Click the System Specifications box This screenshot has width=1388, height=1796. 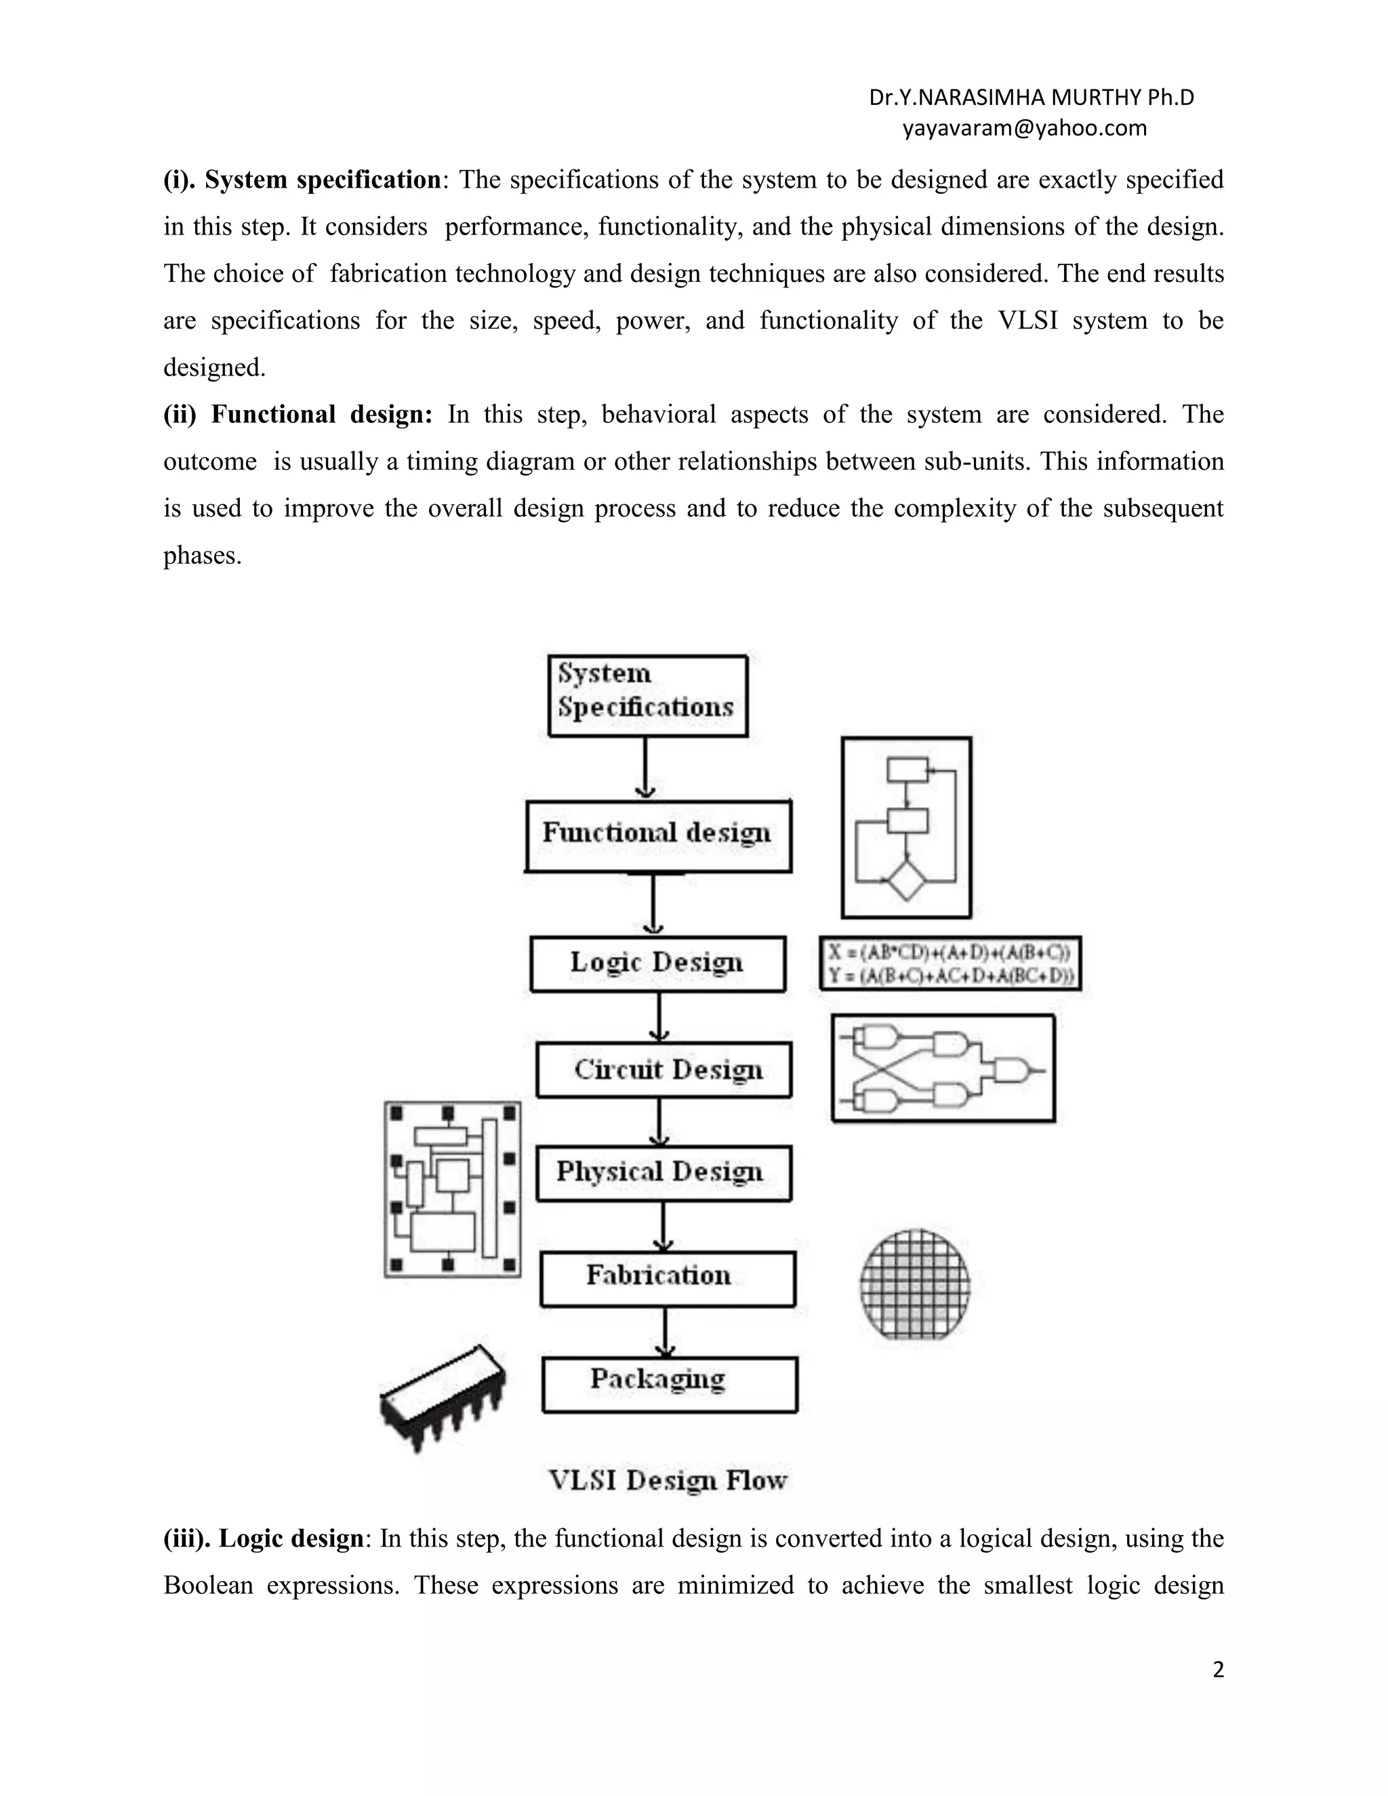(x=647, y=695)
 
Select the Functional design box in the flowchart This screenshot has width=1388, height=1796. (x=658, y=836)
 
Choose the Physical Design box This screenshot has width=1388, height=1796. (x=664, y=1172)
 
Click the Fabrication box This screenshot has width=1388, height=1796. (x=667, y=1278)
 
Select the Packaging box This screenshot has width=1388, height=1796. (x=670, y=1384)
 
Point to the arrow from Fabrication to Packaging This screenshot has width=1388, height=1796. (x=666, y=1331)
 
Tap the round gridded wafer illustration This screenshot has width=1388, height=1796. (x=914, y=1284)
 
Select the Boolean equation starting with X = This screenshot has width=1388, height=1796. (x=950, y=953)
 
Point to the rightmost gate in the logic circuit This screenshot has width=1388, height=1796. (x=1011, y=1071)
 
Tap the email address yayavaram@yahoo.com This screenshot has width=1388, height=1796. (x=1024, y=128)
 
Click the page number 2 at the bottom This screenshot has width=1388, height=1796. (x=1218, y=1670)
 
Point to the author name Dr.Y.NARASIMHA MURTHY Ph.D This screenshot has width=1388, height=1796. (x=1031, y=98)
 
